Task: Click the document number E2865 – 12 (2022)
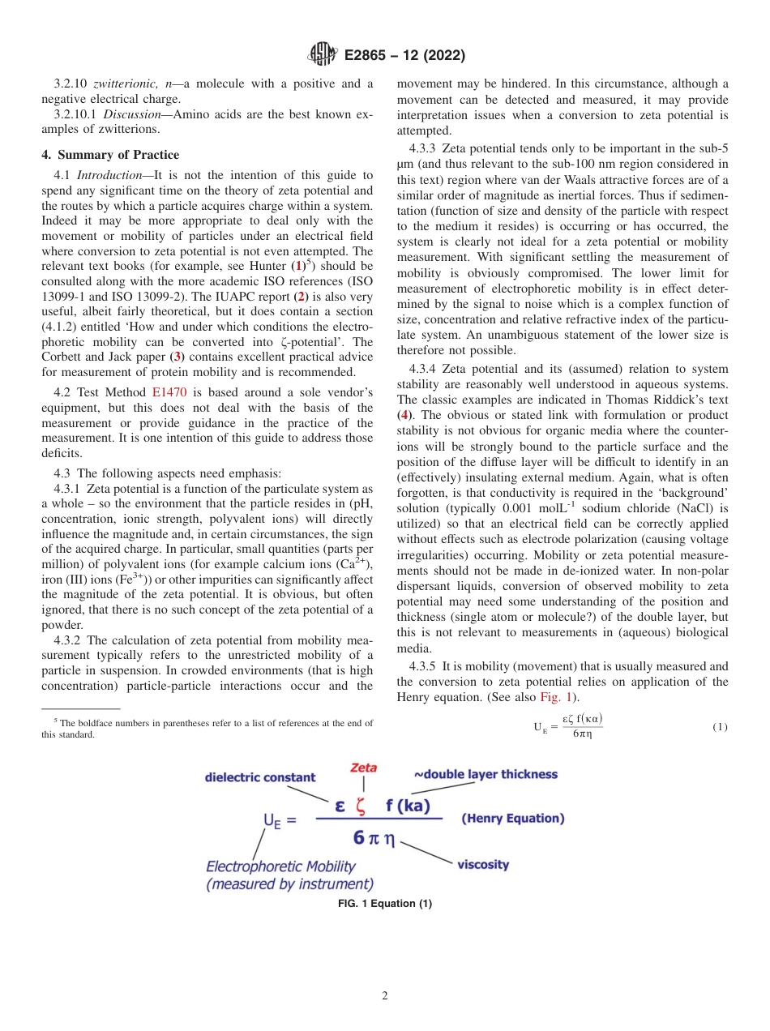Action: (x=404, y=56)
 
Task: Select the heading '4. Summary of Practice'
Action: (x=110, y=155)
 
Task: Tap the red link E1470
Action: (x=169, y=392)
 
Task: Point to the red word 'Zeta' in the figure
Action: (x=362, y=767)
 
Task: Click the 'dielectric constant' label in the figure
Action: (x=259, y=777)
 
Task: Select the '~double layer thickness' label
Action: (x=486, y=774)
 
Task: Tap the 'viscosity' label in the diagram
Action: (x=483, y=864)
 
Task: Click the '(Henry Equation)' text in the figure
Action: (x=512, y=819)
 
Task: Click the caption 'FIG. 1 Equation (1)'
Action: (x=384, y=904)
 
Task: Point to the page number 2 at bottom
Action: (x=384, y=996)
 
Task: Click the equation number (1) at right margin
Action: (x=720, y=727)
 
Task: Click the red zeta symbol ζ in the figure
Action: (x=360, y=806)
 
